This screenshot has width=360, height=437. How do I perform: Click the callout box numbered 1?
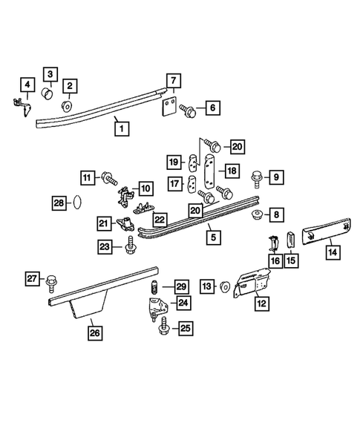(122, 129)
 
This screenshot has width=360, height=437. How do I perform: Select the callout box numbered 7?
(174, 81)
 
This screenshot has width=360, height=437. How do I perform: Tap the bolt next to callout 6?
(188, 111)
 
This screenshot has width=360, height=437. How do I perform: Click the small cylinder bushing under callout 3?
(48, 93)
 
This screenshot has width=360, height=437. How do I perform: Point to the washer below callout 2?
(67, 106)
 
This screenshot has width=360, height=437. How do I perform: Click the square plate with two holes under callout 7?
(169, 106)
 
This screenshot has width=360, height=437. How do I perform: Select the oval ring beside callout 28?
(77, 202)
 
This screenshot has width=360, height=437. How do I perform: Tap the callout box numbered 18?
(232, 171)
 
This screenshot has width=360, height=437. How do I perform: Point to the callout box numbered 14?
(333, 252)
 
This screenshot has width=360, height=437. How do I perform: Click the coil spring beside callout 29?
(154, 287)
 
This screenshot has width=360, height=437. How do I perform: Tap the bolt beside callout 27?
(51, 283)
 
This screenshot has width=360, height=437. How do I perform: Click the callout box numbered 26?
(95, 333)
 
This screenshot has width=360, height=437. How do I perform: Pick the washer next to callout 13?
(224, 287)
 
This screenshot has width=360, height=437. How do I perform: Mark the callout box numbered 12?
(262, 303)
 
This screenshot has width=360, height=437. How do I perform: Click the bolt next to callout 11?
(109, 177)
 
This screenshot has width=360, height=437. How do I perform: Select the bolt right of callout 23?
(130, 245)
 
